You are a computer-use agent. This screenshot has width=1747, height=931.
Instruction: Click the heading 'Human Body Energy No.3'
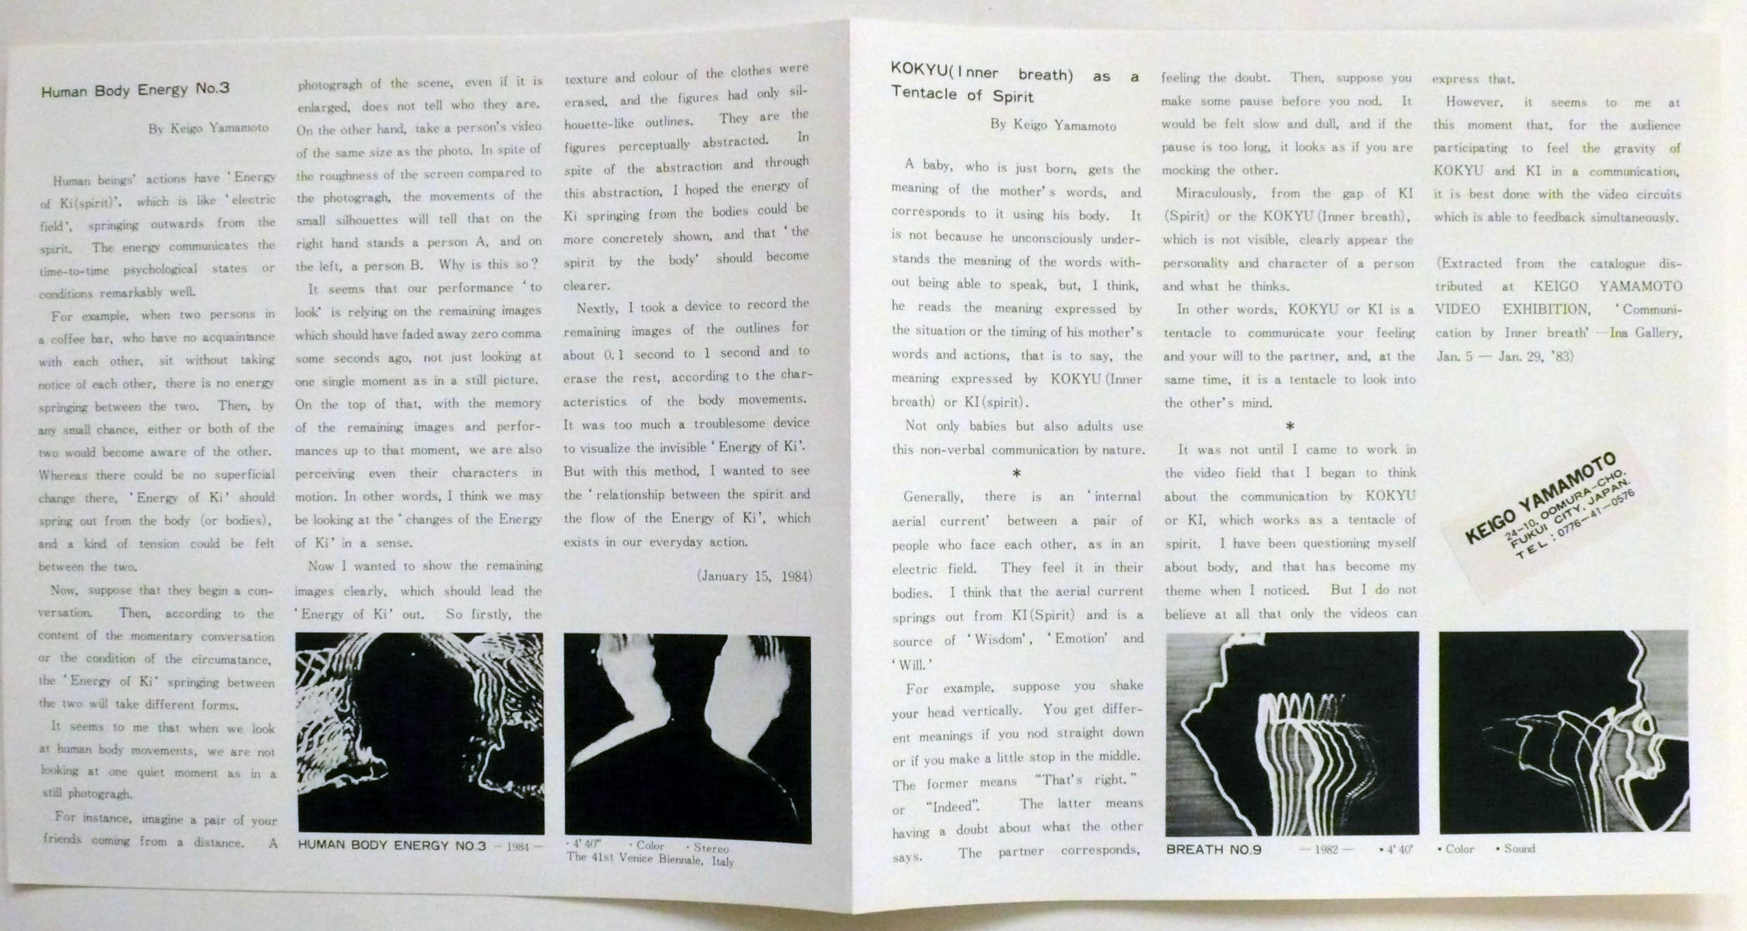(x=135, y=90)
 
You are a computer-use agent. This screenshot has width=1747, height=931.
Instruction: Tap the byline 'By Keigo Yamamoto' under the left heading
(x=209, y=128)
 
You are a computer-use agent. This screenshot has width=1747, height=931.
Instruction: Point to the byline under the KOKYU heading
(x=1054, y=125)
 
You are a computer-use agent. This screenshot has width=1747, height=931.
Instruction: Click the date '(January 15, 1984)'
(x=754, y=576)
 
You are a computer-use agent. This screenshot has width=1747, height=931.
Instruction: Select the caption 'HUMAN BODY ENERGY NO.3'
(x=392, y=845)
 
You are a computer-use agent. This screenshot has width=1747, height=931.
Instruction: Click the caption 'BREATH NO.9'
(x=1214, y=850)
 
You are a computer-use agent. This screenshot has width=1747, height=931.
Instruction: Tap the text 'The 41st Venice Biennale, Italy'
(x=650, y=860)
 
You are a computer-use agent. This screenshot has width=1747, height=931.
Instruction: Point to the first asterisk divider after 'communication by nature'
(x=1016, y=473)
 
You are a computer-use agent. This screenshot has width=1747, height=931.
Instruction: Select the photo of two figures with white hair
(x=687, y=738)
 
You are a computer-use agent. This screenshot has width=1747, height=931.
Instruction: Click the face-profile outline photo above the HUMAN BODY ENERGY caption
(x=420, y=733)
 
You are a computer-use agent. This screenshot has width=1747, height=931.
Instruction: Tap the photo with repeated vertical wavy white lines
(x=1292, y=734)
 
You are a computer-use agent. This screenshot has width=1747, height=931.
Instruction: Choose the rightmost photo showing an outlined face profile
(x=1563, y=731)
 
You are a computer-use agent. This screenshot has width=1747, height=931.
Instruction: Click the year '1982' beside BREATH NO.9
(x=1327, y=850)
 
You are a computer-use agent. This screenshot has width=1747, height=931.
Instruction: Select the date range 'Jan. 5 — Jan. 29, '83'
(x=1505, y=356)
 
